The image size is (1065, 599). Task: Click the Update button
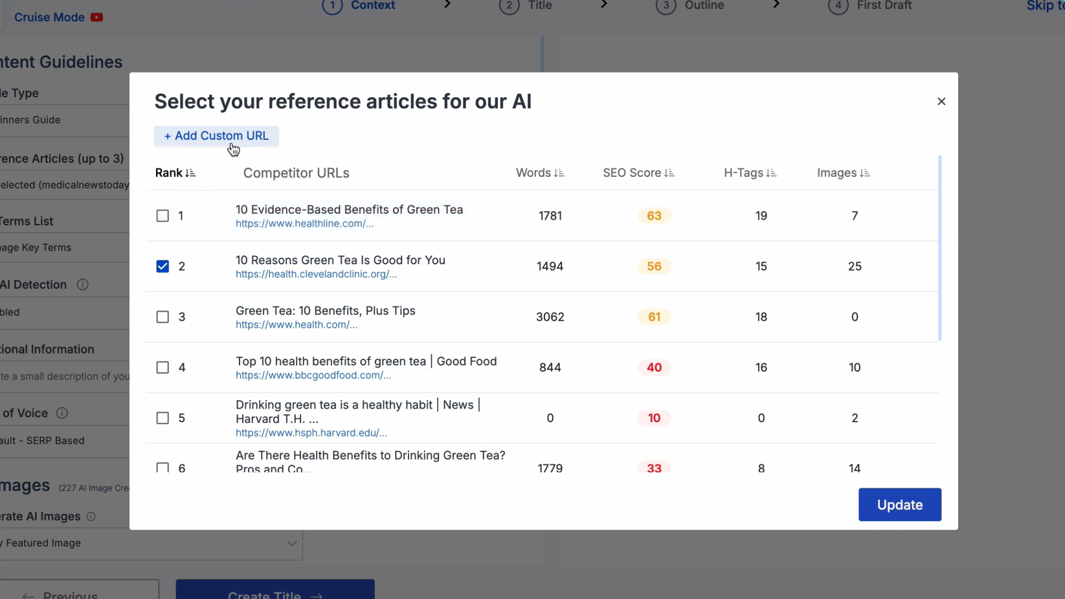899,504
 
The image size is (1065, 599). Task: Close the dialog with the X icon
941,102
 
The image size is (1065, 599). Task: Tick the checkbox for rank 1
163,216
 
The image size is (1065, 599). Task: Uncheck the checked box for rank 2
163,266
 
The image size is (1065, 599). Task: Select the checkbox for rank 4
163,367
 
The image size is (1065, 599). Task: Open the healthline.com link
304,224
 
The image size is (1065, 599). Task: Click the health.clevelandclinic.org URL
316,275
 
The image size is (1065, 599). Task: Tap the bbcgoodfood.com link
313,376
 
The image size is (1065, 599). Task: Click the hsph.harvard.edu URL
311,433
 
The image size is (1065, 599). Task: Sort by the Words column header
539,173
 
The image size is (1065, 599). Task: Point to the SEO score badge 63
654,216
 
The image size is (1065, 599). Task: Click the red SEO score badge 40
654,367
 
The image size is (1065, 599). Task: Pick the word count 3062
550,317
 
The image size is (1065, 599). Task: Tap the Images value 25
855,266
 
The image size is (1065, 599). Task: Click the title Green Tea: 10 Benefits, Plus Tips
325,311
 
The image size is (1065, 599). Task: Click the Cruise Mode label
50,17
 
